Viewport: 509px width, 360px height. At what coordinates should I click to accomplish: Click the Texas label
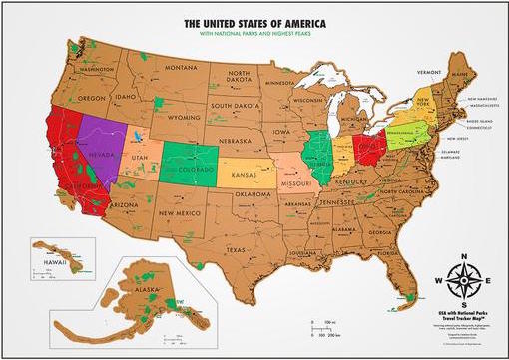[x=235, y=248]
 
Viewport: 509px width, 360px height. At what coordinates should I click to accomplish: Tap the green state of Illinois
[x=320, y=155]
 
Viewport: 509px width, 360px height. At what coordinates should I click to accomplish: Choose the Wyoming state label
[x=184, y=116]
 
